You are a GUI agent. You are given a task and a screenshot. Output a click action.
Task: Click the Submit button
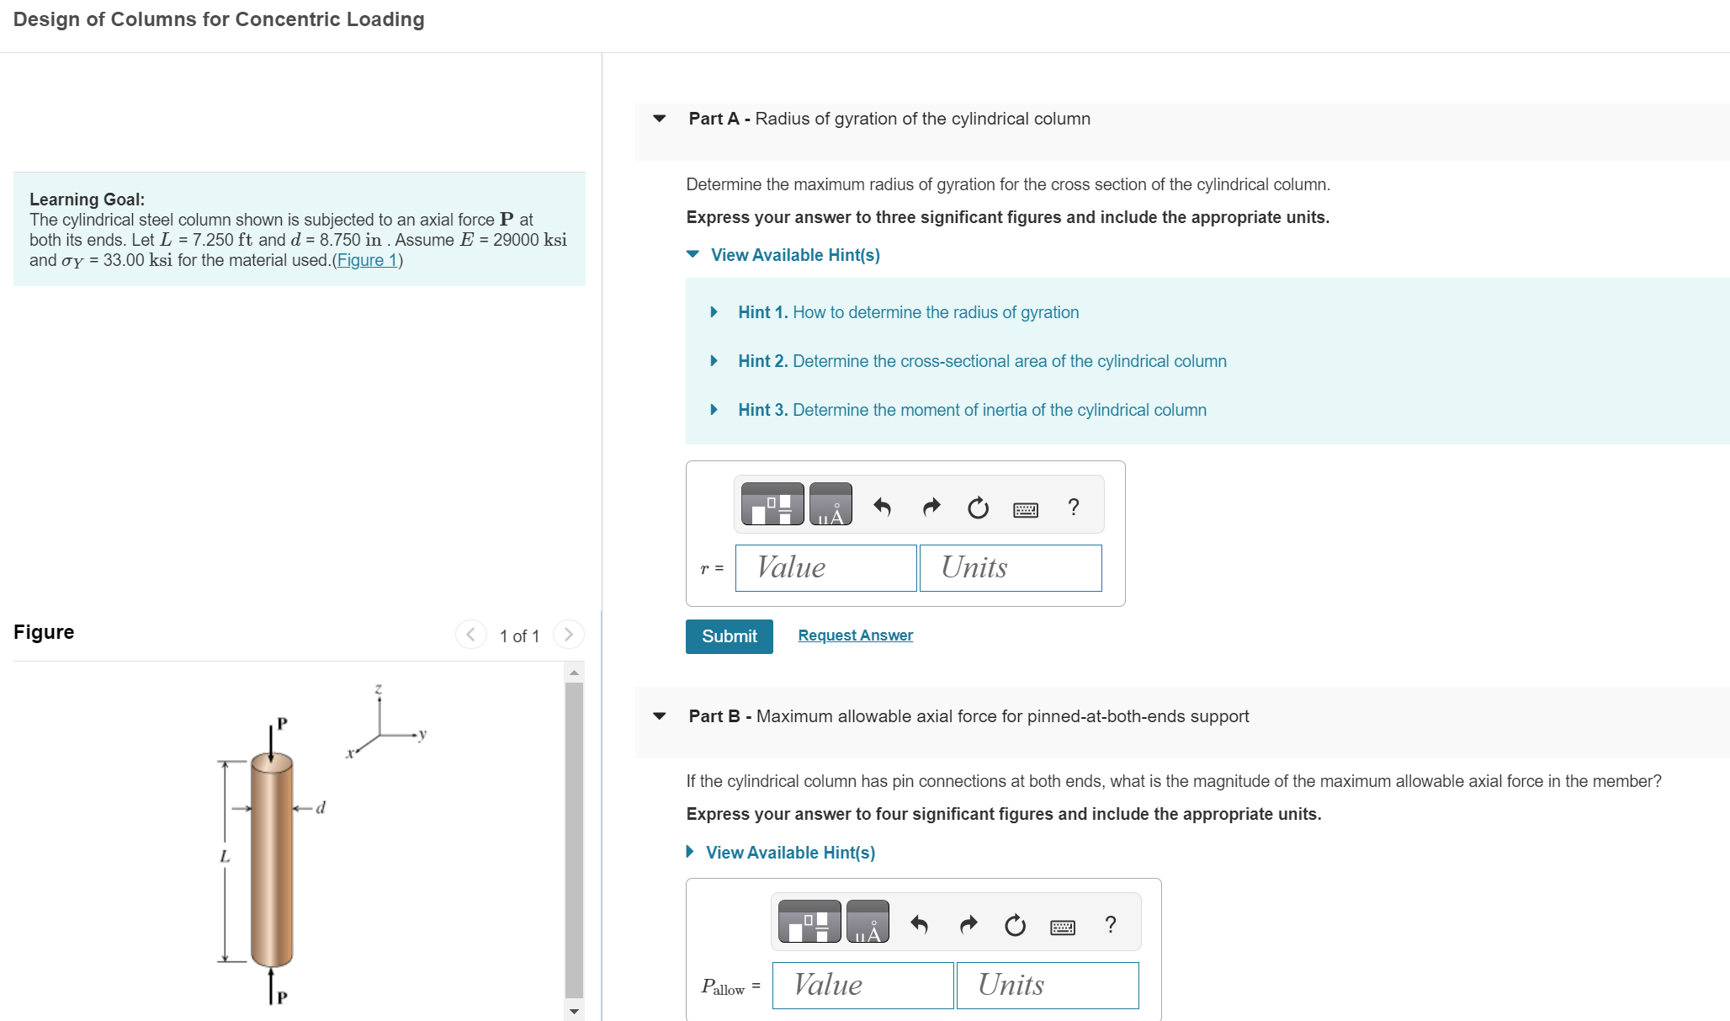point(729,636)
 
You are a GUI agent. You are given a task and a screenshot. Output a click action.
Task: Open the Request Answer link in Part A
point(855,635)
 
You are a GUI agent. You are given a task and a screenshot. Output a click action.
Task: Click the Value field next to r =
point(825,568)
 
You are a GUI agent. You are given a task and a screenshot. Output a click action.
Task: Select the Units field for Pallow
point(1048,985)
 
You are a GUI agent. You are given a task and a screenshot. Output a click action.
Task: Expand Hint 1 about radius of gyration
point(908,312)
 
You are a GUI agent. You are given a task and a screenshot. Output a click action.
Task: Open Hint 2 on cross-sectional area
point(982,361)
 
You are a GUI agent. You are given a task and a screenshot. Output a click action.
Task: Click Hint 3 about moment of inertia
point(972,410)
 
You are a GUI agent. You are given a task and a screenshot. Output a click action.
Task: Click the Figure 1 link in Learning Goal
point(367,260)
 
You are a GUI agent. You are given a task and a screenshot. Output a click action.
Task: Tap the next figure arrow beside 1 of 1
point(569,635)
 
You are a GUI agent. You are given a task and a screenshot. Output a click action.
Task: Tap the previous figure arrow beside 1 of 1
point(470,635)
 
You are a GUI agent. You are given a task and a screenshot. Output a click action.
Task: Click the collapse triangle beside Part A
point(660,119)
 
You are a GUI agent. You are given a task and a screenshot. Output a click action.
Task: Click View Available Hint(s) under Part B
point(789,853)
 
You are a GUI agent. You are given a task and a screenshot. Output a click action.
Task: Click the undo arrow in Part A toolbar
point(882,507)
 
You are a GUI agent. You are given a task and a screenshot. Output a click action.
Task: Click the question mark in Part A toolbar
point(1073,507)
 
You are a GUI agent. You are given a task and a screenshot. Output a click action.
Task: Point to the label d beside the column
point(321,808)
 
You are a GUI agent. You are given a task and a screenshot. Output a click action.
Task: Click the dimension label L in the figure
point(225,857)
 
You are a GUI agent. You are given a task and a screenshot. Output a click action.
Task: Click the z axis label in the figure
point(379,689)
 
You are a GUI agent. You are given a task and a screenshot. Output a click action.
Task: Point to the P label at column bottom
point(282,997)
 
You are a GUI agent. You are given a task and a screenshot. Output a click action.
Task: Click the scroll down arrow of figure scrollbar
point(575,1011)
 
